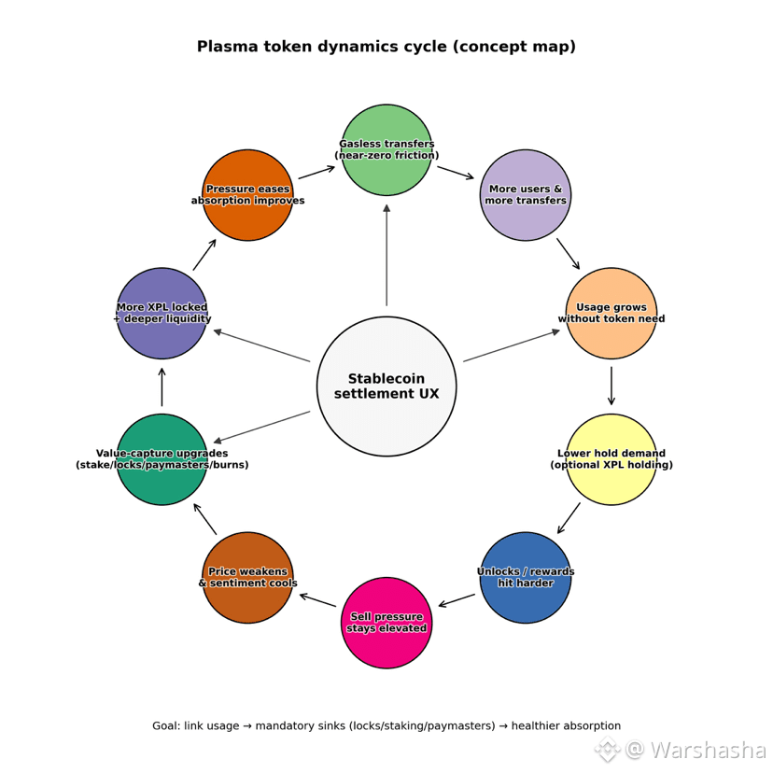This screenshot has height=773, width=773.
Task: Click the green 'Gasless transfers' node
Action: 386,149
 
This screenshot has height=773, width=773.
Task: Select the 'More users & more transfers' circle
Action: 526,195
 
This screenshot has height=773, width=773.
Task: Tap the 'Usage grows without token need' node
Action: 611,313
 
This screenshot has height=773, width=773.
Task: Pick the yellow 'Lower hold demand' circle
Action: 611,459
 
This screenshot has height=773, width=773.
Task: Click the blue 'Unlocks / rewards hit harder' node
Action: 526,577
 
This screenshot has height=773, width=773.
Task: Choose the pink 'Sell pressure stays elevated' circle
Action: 386,623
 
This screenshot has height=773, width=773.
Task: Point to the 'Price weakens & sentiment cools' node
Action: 247,577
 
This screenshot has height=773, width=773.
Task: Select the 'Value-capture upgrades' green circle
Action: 162,459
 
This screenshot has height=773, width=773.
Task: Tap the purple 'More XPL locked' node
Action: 162,313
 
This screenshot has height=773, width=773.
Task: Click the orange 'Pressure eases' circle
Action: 247,195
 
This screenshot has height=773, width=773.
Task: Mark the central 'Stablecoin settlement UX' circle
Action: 386,386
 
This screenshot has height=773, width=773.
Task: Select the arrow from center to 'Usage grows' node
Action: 512,345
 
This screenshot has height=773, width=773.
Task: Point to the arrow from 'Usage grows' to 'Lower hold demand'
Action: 611,386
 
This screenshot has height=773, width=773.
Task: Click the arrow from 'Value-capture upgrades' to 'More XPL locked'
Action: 162,386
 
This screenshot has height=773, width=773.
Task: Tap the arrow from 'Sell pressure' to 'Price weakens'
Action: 317,600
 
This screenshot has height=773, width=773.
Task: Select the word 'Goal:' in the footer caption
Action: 166,726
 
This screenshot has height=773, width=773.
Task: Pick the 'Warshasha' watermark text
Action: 707,750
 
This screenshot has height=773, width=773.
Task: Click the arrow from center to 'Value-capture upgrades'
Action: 261,427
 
